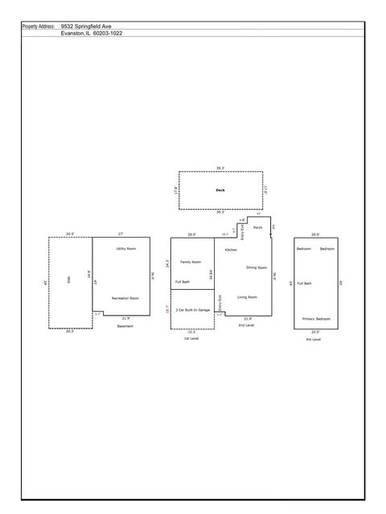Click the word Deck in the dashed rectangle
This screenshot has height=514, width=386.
[220, 190]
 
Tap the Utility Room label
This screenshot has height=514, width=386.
[125, 249]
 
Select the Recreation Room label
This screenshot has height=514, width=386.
[125, 298]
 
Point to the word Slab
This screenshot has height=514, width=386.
[68, 281]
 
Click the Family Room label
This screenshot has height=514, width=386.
[191, 262]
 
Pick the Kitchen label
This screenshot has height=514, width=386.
[231, 250]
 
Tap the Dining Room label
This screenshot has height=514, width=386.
[257, 267]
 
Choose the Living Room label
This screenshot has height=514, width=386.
[247, 297]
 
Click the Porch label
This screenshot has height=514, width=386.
[258, 228]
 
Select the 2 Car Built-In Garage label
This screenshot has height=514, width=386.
[193, 310]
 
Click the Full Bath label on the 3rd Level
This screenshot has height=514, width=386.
[305, 284]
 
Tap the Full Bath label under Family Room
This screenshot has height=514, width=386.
[183, 282]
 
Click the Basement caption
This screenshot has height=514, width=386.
[125, 326]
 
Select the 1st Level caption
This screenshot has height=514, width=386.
[191, 340]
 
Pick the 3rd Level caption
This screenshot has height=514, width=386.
[312, 340]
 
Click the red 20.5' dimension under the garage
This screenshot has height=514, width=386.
[191, 331]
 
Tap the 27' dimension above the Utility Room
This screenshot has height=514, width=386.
[121, 234]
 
